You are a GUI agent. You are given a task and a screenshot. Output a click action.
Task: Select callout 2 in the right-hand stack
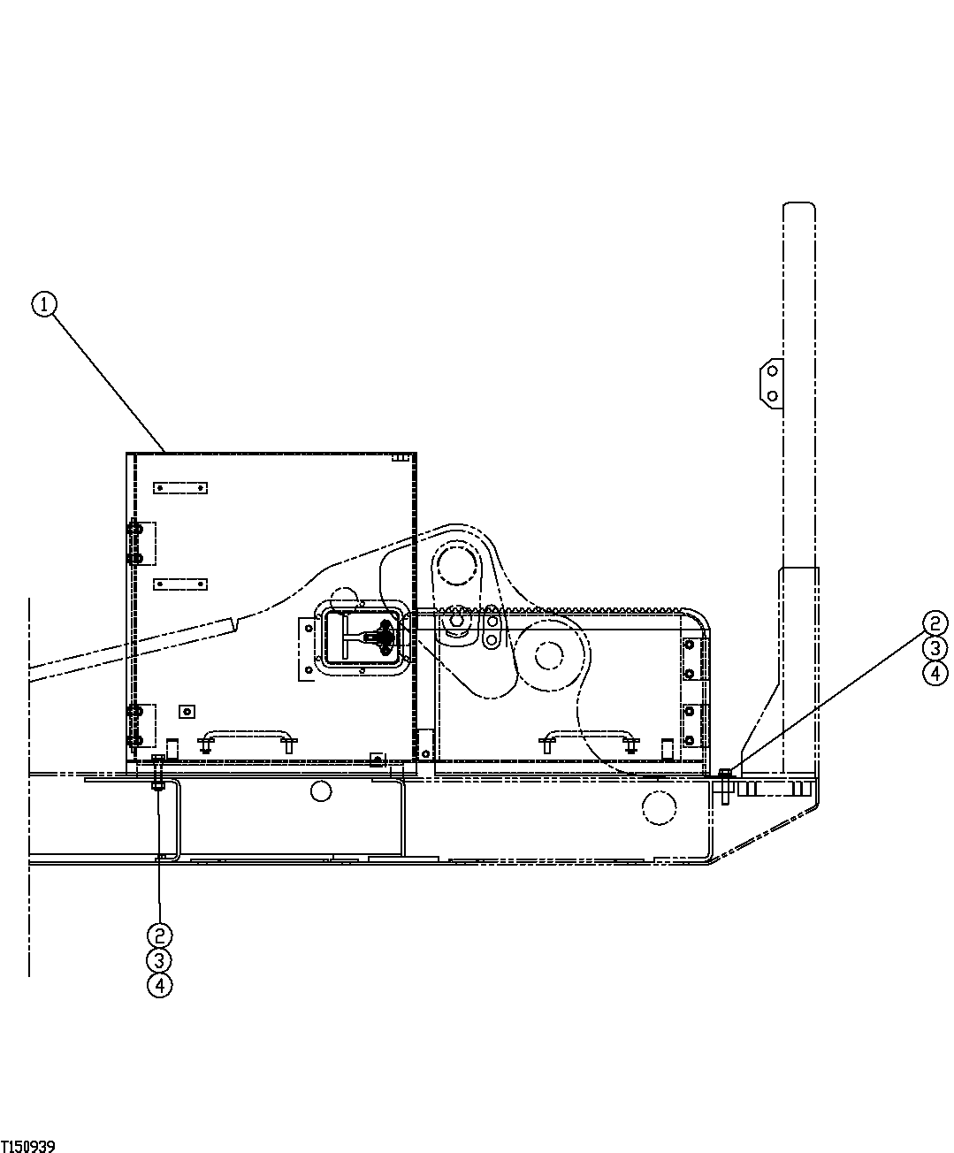point(935,624)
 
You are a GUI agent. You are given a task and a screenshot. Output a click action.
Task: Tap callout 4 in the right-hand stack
point(935,674)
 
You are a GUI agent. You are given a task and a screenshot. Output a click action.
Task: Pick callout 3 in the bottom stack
point(159,960)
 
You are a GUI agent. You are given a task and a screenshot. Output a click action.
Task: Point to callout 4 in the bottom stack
point(159,985)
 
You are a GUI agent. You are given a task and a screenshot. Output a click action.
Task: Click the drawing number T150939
point(28,1146)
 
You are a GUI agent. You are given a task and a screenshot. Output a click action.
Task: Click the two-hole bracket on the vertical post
point(770,382)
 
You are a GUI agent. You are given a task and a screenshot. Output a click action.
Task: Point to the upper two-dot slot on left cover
point(179,486)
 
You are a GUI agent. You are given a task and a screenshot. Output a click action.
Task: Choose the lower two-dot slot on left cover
point(179,584)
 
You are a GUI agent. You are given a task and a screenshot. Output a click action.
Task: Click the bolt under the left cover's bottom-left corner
point(158,774)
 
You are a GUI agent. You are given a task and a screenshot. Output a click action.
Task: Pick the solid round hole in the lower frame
point(321,789)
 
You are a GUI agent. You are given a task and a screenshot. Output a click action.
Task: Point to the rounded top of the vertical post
point(798,209)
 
